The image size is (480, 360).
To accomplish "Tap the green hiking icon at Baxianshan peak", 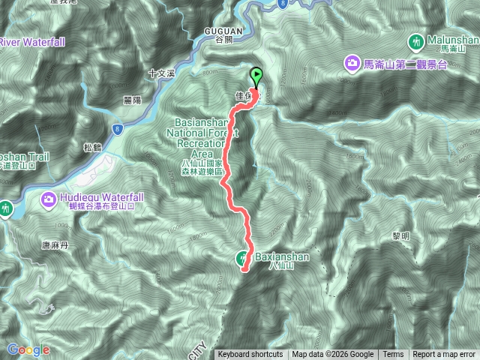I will (243, 259).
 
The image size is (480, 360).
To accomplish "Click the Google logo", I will (28, 349).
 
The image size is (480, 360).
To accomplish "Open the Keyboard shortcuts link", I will (250, 355).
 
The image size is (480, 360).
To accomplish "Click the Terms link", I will (393, 355).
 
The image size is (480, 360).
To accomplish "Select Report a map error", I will (444, 355).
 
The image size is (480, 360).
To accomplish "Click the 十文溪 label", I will (161, 73).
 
